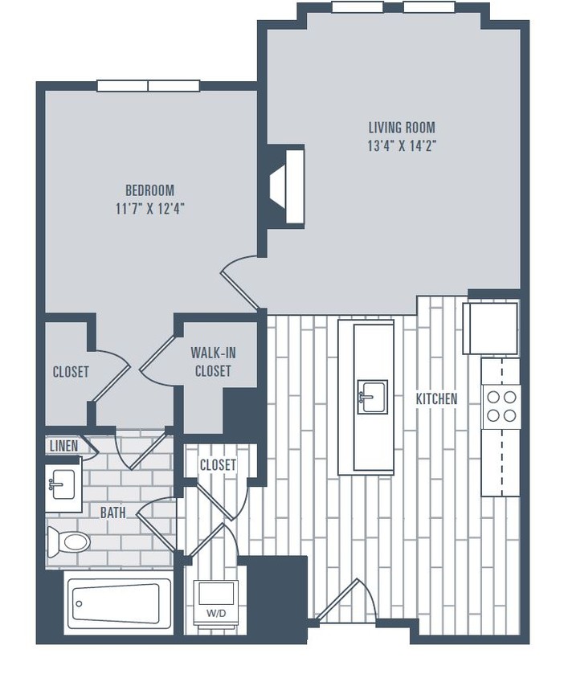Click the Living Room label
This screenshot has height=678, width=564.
tap(402, 127)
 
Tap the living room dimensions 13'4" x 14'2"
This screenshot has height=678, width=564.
tap(402, 146)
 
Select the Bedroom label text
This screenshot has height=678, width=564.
tap(149, 190)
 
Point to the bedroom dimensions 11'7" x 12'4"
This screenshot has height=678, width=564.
tap(149, 209)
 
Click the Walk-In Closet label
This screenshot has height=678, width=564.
tap(213, 361)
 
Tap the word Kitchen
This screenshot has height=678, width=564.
tap(436, 398)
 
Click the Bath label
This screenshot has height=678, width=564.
tap(112, 513)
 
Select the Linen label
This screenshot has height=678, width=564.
tap(63, 446)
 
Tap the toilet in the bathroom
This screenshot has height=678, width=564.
tap(69, 542)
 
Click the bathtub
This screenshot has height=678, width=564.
tap(119, 604)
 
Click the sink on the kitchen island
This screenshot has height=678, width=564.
tap(372, 397)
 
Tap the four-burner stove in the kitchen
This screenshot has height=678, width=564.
tap(501, 406)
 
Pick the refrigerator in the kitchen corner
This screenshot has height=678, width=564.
tap(491, 328)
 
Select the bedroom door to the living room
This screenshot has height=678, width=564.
tap(240, 283)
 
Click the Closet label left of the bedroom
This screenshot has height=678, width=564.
tap(71, 372)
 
